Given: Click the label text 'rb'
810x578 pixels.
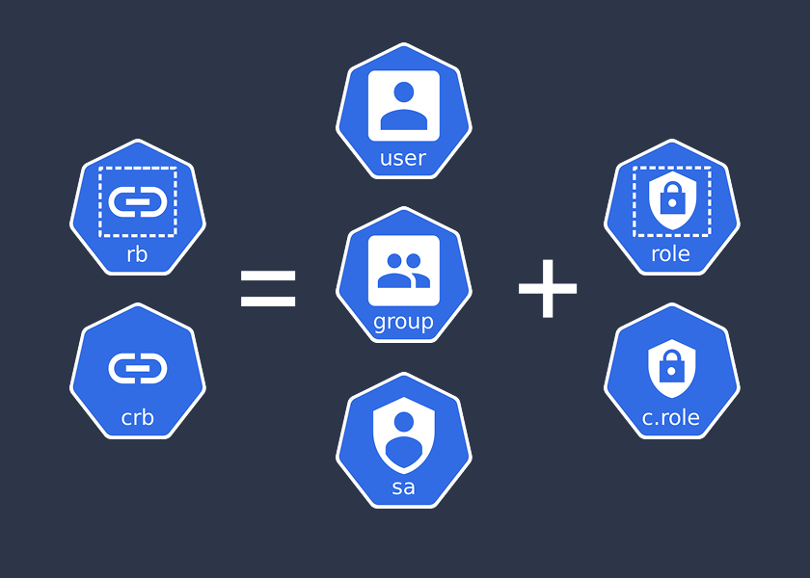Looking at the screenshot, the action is tap(137, 254).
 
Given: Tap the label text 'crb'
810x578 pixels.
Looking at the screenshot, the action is tap(137, 418).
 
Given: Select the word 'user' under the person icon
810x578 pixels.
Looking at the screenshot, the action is tap(403, 158).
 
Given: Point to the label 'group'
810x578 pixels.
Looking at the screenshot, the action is tap(403, 322).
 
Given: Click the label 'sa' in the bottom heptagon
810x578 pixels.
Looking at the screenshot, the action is tap(403, 486).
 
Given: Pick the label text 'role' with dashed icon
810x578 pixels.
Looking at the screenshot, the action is tap(671, 254).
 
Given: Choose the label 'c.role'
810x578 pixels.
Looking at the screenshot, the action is tap(671, 418).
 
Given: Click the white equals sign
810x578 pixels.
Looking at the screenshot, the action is tap(268, 288).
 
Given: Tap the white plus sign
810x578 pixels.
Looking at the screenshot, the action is tap(547, 287).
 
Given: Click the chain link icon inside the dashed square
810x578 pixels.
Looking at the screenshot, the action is tap(138, 201).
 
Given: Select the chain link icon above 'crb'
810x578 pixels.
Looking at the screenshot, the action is tap(138, 367).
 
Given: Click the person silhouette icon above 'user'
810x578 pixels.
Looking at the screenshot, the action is tap(404, 106).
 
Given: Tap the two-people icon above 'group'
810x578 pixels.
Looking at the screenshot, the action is tap(404, 271).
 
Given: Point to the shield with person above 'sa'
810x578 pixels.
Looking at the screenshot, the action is tap(404, 434).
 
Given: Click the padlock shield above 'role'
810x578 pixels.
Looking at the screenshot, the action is tap(671, 201).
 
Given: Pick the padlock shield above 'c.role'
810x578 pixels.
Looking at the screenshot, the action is tap(671, 367).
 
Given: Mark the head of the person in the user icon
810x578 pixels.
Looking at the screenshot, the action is tap(404, 92).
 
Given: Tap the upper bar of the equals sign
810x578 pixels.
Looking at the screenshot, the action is tap(268, 276).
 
